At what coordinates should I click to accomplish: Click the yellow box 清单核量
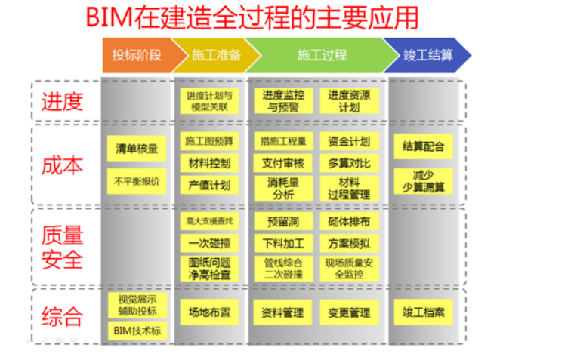pyautogui.click(x=136, y=147)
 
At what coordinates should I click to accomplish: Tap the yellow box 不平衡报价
pyautogui.click(x=136, y=181)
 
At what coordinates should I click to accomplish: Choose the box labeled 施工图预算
pyautogui.click(x=208, y=140)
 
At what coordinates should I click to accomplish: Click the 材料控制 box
pyautogui.click(x=208, y=163)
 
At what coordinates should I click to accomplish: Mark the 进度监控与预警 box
pyautogui.click(x=284, y=101)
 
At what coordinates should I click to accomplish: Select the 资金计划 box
pyautogui.click(x=350, y=140)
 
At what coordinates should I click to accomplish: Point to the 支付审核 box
pyautogui.click(x=284, y=163)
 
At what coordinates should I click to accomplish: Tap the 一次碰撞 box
pyautogui.click(x=208, y=243)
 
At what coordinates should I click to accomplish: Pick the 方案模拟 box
pyautogui.click(x=350, y=243)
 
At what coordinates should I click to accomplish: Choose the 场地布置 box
pyautogui.click(x=208, y=310)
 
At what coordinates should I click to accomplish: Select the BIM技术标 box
pyautogui.click(x=136, y=331)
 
